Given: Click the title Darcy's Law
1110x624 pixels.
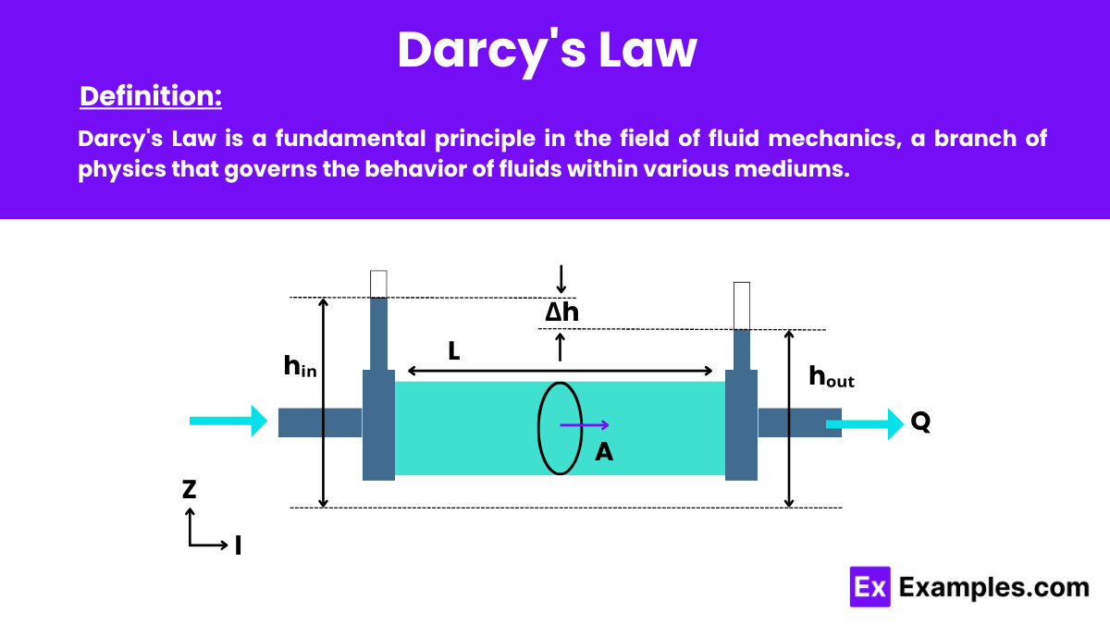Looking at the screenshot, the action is pos(547,50).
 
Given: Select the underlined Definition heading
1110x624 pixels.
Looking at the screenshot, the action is pos(151,96).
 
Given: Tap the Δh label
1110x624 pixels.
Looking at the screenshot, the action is pos(561,312).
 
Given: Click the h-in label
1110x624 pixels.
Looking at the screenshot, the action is pos(300,367).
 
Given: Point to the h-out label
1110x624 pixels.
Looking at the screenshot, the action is pos(831,375).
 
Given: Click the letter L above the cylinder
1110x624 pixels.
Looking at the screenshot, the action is pos(453,350).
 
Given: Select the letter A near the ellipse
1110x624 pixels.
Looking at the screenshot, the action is pos(604,451).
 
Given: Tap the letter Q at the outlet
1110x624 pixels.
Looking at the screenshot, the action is pos(920,422).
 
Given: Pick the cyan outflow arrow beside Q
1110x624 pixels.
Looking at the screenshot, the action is pos(865,424).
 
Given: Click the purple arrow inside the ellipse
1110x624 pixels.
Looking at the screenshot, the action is pos(584,425).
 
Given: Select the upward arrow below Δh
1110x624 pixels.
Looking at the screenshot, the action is pos(560,347).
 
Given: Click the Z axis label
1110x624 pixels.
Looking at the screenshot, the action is pos(189,490).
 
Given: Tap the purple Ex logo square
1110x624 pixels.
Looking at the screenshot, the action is pos(869,587).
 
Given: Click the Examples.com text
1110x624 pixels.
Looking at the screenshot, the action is pos(993,587).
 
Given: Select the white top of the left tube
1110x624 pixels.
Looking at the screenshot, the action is pos(378,283).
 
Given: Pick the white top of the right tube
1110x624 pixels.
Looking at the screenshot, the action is pos(742,305).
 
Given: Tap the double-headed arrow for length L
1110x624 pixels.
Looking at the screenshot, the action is pos(560,371).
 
